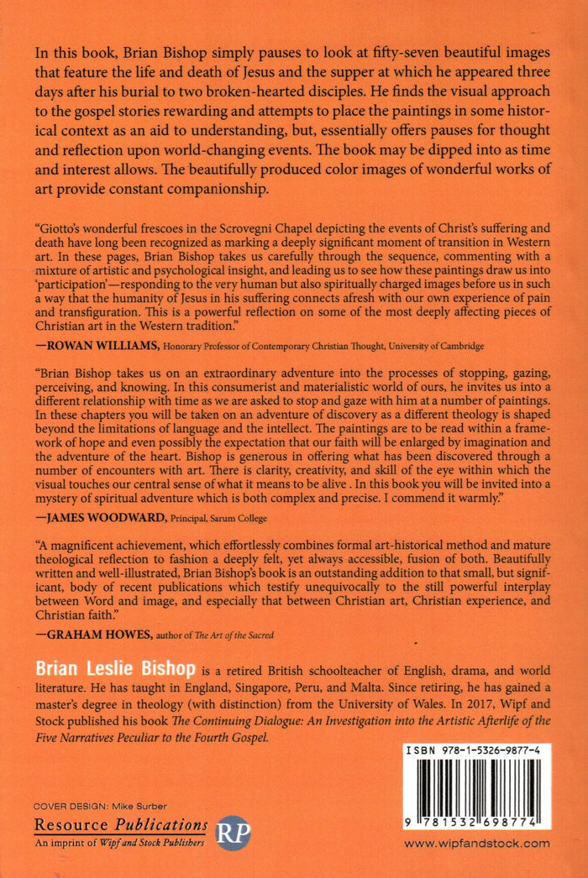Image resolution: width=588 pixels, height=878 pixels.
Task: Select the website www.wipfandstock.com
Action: pos(477,844)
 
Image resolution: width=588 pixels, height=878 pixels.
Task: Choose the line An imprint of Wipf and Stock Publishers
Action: pos(120,842)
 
